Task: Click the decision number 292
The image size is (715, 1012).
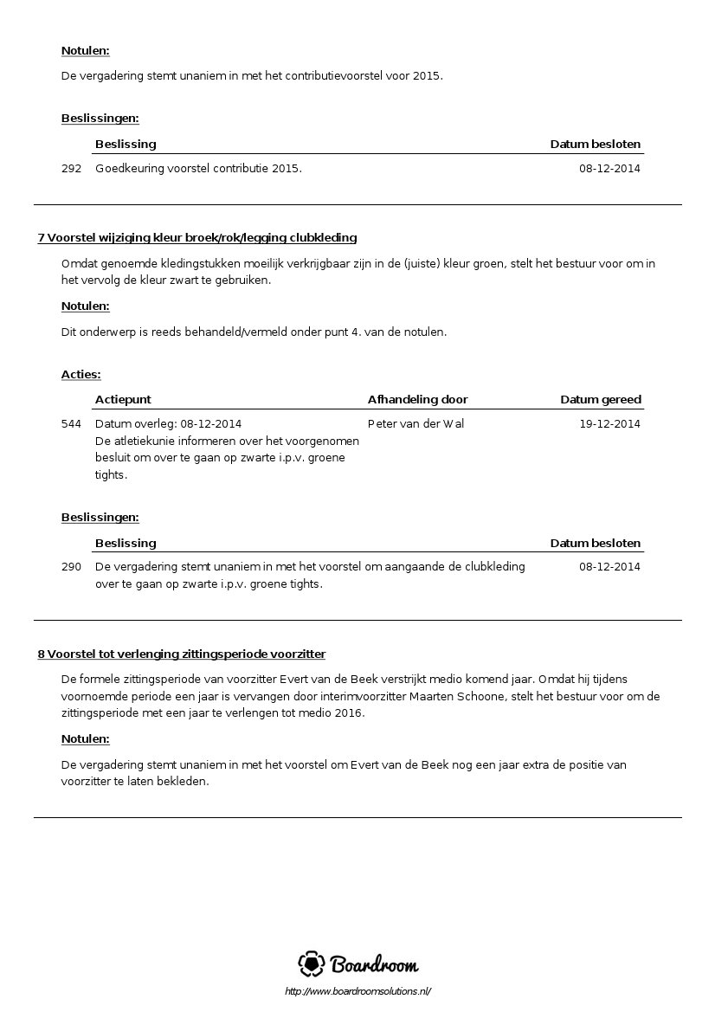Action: [x=71, y=169]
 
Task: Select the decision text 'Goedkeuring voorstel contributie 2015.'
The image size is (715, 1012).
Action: [x=198, y=169]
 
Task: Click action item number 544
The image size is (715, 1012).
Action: [x=71, y=424]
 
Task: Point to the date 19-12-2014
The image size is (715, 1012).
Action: [x=609, y=424]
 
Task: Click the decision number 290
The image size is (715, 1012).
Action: [x=71, y=567]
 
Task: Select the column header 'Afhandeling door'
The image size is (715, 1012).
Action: [x=417, y=400]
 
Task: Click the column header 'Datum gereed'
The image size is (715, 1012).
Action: [x=601, y=400]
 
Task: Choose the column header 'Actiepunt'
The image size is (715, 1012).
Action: [x=123, y=400]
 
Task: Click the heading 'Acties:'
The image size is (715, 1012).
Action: [x=81, y=375]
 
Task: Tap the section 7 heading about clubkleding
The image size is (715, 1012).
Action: [x=197, y=238]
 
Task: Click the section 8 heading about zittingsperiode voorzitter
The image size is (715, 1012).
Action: [x=182, y=654]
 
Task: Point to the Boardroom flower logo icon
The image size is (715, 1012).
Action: [x=312, y=964]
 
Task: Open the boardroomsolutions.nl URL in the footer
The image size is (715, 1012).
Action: [x=357, y=992]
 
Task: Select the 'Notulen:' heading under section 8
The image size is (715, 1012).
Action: [x=85, y=740]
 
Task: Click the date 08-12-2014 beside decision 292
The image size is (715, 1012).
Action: [x=609, y=169]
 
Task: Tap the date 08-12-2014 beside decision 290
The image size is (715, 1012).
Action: [x=609, y=567]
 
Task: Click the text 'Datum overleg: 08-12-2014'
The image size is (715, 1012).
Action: [x=168, y=424]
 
